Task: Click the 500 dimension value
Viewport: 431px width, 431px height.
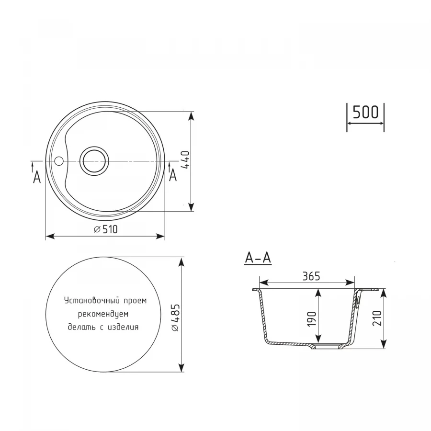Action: click(x=365, y=112)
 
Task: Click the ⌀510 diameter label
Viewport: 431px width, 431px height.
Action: click(x=106, y=230)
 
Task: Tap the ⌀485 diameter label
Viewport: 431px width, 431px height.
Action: click(x=175, y=317)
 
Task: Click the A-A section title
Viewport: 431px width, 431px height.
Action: click(x=258, y=258)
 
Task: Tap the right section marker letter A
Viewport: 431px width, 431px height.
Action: click(x=173, y=176)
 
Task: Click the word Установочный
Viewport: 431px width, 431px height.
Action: click(x=85, y=301)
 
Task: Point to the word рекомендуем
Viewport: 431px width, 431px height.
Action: click(x=102, y=314)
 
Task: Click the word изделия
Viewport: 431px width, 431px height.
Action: click(x=124, y=328)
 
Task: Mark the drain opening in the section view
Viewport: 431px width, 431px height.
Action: click(x=329, y=345)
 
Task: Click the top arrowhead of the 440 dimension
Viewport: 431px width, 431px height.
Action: click(x=192, y=116)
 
